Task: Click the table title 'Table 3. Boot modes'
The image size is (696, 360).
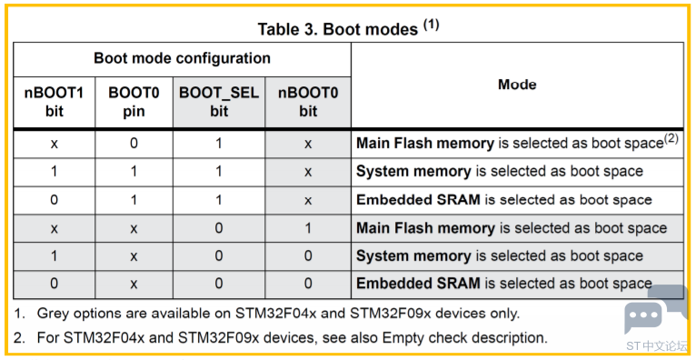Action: [x=338, y=29]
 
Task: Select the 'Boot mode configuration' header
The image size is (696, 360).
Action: [x=182, y=58]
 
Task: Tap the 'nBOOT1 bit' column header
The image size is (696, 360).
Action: [x=55, y=102]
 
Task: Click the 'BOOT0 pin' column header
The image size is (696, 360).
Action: [x=134, y=102]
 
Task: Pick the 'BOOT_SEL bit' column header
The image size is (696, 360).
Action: [x=219, y=102]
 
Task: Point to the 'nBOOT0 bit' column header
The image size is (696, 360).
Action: [x=308, y=102]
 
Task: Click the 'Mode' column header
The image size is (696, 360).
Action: [x=517, y=85]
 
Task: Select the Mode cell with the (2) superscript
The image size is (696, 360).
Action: [x=518, y=143]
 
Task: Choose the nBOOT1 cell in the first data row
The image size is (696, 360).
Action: [x=55, y=144]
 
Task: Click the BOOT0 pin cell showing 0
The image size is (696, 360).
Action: [x=134, y=144]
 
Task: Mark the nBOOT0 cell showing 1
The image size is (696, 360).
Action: [x=308, y=228]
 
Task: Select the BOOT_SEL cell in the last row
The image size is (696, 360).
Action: [x=219, y=284]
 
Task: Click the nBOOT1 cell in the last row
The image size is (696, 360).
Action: [x=55, y=284]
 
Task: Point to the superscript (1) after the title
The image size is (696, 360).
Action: [x=431, y=25]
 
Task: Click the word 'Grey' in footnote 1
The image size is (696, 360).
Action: [x=51, y=314]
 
